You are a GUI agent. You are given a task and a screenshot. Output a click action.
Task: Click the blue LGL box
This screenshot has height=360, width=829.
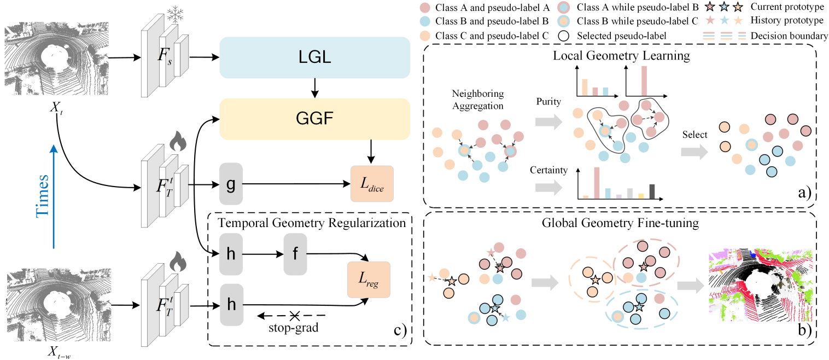(x=314, y=57)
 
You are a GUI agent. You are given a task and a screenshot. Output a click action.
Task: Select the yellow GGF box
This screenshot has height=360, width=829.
(x=314, y=119)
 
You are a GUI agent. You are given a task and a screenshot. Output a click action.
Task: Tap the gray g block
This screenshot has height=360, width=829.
(x=231, y=184)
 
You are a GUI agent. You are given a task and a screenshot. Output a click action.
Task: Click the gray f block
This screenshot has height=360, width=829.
(x=295, y=254)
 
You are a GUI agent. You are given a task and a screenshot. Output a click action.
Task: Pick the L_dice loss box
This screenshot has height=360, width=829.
(x=372, y=184)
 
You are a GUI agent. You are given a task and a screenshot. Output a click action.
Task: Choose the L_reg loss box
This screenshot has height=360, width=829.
(x=369, y=280)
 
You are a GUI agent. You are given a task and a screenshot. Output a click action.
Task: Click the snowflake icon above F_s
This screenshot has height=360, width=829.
(x=175, y=15)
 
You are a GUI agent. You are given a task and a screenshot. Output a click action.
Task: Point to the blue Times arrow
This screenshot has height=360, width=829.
(x=54, y=196)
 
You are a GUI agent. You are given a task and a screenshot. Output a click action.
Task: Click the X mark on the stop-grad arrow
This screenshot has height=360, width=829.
(x=295, y=316)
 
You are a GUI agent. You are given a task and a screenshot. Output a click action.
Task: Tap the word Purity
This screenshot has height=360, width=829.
(x=548, y=101)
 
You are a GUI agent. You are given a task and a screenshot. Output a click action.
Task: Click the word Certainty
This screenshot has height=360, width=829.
(x=548, y=170)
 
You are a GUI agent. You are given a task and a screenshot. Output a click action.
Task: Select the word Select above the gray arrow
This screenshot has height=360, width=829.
(x=694, y=135)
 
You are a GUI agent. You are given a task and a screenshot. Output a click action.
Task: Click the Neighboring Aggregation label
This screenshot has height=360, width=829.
(x=478, y=100)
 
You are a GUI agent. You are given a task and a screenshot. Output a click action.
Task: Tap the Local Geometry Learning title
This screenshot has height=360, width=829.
(x=621, y=56)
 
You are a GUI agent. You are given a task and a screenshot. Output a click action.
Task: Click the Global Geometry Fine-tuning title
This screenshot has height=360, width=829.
(x=620, y=223)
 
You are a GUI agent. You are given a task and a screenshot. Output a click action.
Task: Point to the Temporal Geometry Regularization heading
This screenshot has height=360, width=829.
(x=312, y=223)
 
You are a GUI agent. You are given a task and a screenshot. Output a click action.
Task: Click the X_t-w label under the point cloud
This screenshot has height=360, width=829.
(x=59, y=352)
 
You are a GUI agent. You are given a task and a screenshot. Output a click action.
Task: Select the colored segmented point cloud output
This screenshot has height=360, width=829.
(x=761, y=285)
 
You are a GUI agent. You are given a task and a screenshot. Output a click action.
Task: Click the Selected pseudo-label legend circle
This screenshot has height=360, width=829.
(x=564, y=36)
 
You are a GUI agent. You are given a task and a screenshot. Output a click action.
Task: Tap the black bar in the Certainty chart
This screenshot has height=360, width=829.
(x=652, y=191)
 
